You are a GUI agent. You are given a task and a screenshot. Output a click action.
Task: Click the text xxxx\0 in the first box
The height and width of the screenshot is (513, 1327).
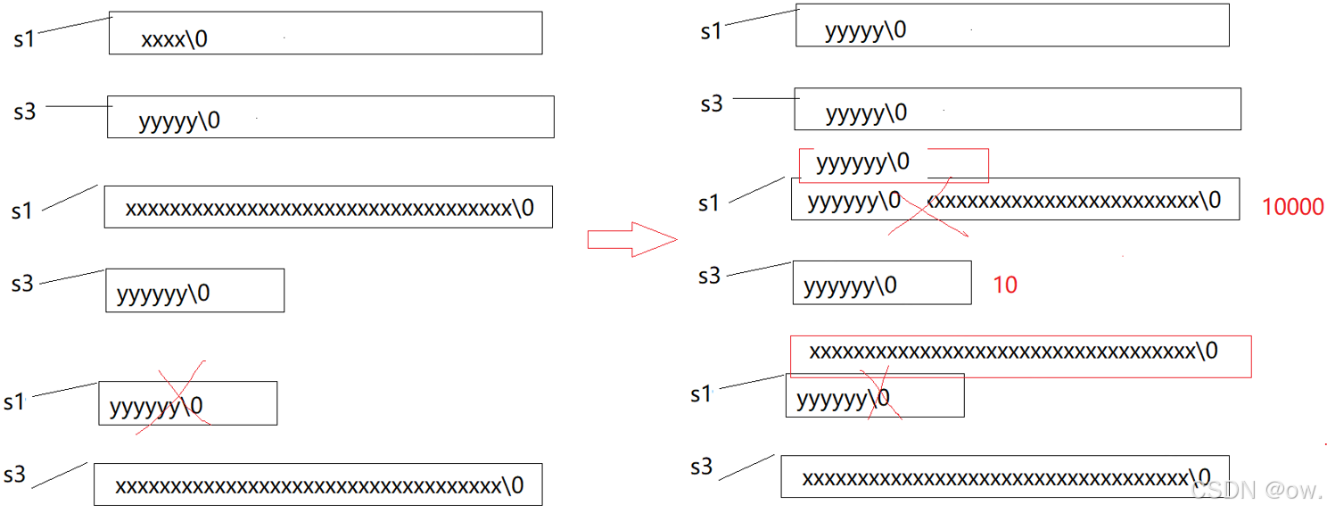tap(174, 39)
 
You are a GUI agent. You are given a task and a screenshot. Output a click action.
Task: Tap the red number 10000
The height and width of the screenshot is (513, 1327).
tap(1292, 207)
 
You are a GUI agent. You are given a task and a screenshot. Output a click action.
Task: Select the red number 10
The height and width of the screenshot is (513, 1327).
tap(1004, 285)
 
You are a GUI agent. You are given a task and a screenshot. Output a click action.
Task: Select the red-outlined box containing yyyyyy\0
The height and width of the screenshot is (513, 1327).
tap(894, 164)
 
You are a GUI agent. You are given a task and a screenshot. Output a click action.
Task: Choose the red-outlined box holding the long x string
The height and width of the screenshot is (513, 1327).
tap(1020, 355)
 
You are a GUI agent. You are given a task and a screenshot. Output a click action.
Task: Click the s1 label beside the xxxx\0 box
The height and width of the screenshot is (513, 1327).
tap(23, 39)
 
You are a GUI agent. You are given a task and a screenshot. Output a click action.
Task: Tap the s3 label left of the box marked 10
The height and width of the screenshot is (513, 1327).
tap(709, 276)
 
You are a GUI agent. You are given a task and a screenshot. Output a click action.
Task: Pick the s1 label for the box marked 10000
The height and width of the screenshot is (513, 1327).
tap(709, 203)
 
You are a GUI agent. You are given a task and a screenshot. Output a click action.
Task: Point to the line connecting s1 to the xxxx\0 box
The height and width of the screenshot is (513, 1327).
tap(75, 25)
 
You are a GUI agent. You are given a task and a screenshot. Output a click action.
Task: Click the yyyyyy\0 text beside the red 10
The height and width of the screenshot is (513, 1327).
tap(850, 285)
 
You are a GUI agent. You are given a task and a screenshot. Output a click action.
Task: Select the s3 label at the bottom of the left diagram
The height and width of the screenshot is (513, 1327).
tap(15, 474)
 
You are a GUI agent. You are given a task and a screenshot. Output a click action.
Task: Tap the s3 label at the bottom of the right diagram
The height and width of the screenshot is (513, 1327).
tap(702, 466)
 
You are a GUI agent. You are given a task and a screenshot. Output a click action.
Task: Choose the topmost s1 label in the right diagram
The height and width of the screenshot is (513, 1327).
tap(711, 31)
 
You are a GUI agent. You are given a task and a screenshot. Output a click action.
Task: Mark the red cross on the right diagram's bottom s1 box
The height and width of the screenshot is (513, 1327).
tap(878, 394)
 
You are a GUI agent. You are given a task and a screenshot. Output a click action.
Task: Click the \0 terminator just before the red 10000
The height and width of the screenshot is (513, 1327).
tap(1209, 200)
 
